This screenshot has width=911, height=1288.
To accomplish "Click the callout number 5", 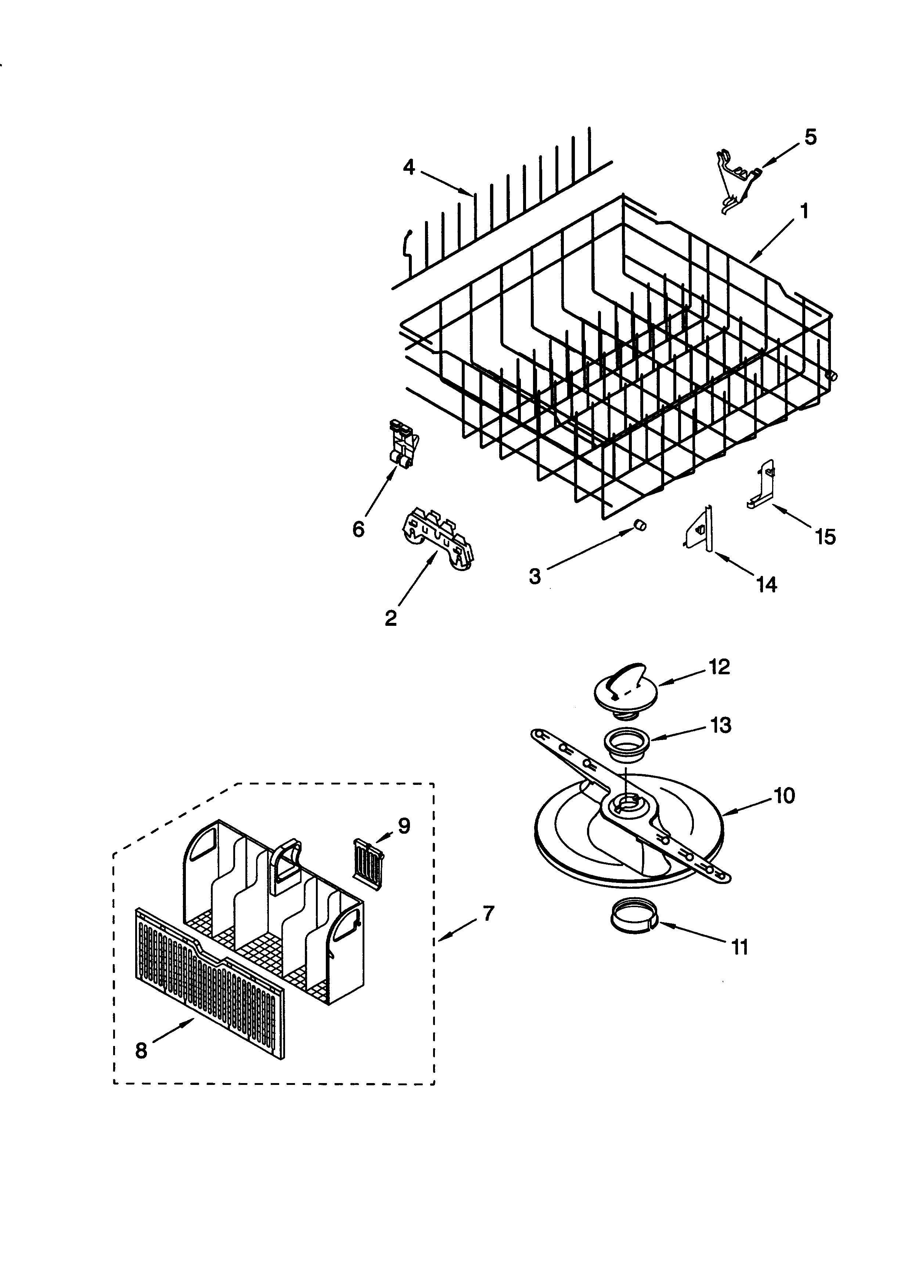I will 811,137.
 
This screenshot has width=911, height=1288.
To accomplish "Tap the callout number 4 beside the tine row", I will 409,167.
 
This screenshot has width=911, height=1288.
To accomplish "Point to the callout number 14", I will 766,585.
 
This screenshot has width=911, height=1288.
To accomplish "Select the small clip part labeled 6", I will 404,444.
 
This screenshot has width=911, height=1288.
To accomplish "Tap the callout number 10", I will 784,795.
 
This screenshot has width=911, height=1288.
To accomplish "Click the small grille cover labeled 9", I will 368,864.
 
